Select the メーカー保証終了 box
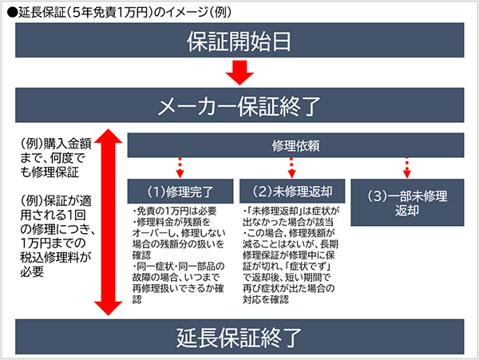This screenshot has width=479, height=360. click(x=239, y=105)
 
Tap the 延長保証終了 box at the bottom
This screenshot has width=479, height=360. click(x=239, y=335)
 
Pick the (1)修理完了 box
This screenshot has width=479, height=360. click(x=179, y=191)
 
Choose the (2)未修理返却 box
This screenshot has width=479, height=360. click(x=291, y=191)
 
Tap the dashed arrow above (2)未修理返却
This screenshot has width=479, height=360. click(x=291, y=167)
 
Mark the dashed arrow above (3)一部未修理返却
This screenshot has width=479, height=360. click(x=406, y=167)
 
